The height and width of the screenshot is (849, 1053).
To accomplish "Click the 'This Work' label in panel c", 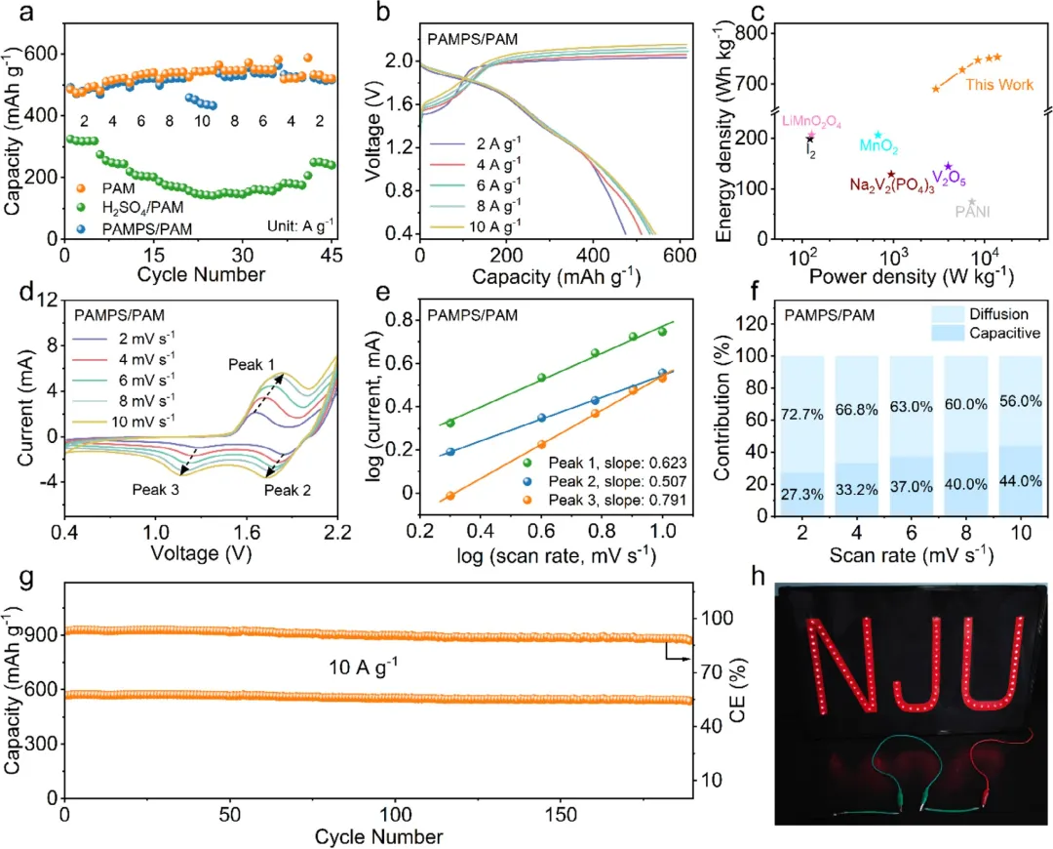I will coord(999,85).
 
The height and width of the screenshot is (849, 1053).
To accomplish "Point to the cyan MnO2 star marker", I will coord(877,136).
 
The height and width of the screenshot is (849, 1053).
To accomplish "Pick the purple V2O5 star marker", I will coord(948,167).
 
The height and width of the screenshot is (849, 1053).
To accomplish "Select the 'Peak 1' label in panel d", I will coord(253,364).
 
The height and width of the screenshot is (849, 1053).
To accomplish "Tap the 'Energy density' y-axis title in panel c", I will coord(724,146).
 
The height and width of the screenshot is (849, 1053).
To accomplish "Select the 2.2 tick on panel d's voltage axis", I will coord(337,535).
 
